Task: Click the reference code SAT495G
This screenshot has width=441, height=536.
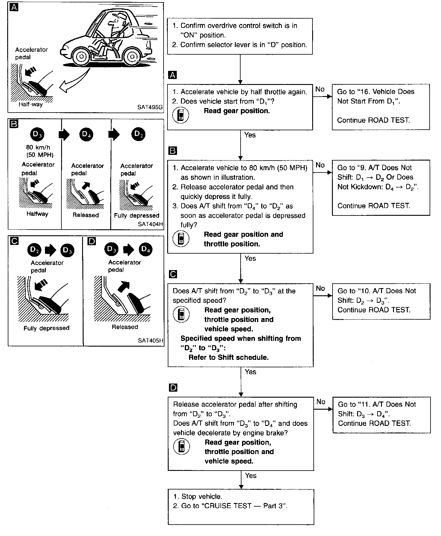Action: coord(150,107)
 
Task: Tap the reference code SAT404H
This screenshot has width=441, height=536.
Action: coord(150,224)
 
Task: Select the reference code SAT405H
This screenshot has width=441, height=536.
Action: coord(150,340)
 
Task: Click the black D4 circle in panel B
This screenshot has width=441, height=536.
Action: coord(86,135)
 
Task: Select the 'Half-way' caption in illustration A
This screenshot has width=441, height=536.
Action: coord(31,104)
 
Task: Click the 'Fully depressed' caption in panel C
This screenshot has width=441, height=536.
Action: coord(46,328)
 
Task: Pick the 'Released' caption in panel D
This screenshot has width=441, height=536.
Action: coord(125,327)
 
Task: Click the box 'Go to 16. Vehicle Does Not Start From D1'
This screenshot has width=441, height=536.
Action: coord(380,107)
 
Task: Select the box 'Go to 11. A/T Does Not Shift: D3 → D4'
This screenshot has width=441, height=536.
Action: coord(381,414)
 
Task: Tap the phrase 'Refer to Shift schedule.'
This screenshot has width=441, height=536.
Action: coord(228,357)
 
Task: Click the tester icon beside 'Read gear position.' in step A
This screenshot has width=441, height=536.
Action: coord(181,115)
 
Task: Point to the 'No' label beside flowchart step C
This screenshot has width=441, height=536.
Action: coord(320,288)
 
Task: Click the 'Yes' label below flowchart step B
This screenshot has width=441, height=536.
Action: coord(250,258)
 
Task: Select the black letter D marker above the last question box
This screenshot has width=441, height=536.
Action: coord(173,388)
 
